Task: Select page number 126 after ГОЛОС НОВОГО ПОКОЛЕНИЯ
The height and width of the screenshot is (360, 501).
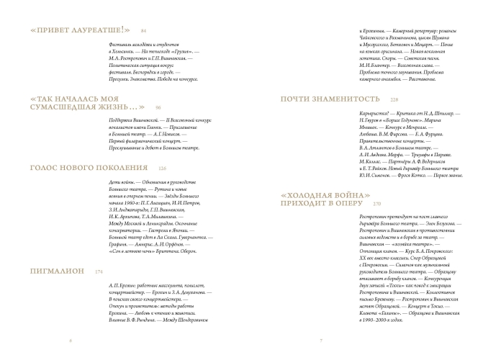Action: [163, 168]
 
